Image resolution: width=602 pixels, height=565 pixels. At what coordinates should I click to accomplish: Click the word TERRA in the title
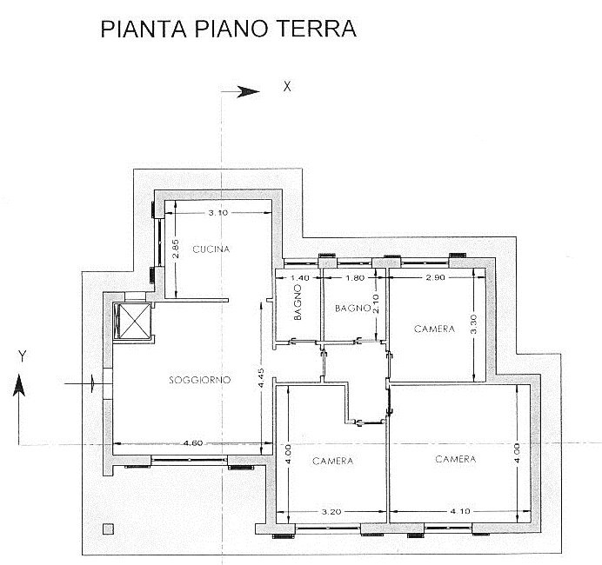click(x=317, y=29)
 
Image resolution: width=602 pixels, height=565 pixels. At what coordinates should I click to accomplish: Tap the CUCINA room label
click(x=211, y=249)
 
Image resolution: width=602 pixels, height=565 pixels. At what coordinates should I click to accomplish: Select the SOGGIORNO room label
click(x=200, y=380)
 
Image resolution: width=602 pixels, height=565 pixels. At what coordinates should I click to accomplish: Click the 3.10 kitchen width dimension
click(x=218, y=212)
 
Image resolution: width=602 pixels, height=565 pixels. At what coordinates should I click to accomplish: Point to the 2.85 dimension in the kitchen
click(x=175, y=249)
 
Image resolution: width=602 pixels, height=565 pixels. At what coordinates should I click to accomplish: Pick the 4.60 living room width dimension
click(x=193, y=443)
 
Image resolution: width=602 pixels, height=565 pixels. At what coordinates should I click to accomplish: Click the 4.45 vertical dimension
click(x=261, y=378)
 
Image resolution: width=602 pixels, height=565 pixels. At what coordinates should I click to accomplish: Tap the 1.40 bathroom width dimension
click(x=299, y=278)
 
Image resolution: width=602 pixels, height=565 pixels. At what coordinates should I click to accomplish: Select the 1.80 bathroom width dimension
click(x=355, y=277)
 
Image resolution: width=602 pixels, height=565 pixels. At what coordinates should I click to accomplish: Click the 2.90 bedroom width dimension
click(x=435, y=277)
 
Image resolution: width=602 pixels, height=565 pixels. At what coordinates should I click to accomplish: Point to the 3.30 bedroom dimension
click(x=473, y=324)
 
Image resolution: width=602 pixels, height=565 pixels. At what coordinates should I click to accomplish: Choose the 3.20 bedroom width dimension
click(x=331, y=512)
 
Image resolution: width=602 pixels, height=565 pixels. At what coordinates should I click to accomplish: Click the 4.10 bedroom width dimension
click(x=460, y=511)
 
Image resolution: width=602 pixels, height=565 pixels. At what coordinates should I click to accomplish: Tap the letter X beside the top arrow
click(x=287, y=87)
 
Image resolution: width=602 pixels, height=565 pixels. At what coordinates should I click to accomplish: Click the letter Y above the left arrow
click(x=23, y=356)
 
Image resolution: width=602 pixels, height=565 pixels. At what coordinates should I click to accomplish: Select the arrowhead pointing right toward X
click(x=248, y=91)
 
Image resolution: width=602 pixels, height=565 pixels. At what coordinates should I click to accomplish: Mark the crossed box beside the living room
click(x=133, y=321)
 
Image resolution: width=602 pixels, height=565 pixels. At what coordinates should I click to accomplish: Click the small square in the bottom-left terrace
click(x=108, y=529)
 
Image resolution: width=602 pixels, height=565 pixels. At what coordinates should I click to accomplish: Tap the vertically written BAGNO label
click(x=298, y=308)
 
